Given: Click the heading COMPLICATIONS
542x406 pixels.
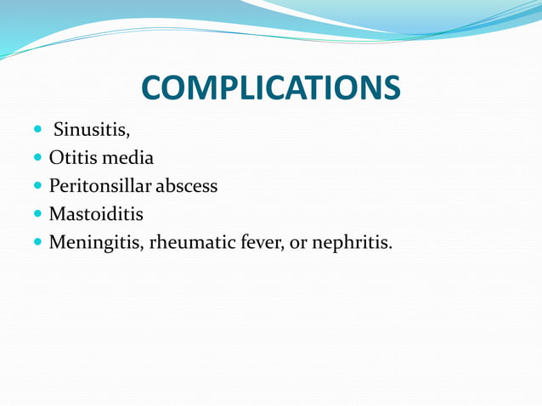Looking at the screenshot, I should (270, 88).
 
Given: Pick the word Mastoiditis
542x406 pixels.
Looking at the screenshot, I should (96, 213).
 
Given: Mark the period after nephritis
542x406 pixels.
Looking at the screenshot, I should (391, 247).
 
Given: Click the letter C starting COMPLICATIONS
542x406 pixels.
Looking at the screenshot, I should (153, 88).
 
